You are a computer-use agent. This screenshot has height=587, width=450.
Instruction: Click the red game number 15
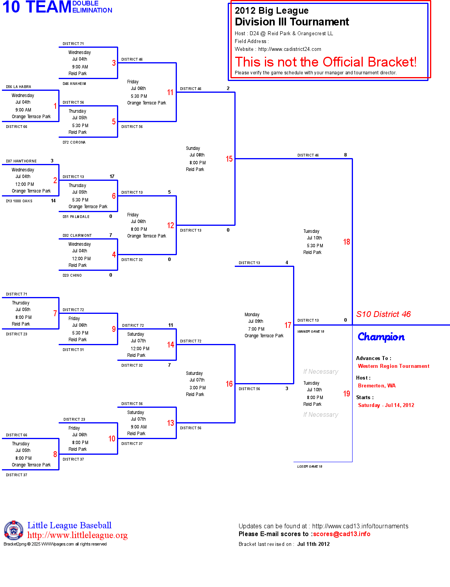229,159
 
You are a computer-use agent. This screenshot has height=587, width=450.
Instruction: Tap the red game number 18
346,242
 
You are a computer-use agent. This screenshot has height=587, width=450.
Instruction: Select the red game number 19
346,394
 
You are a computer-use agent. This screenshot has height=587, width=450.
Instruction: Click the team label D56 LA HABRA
18,87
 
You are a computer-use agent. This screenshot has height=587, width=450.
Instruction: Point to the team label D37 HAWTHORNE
21,161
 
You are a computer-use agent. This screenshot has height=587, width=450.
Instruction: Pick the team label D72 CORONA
74,142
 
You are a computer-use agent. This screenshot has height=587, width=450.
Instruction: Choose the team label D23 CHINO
72,275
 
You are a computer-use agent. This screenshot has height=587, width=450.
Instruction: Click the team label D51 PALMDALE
76,217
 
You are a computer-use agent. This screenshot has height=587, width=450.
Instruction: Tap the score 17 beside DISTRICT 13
112,176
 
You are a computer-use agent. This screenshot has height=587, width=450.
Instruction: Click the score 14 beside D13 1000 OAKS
53,201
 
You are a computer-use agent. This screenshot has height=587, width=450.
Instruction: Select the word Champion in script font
381,337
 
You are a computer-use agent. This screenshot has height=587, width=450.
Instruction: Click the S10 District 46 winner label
383,314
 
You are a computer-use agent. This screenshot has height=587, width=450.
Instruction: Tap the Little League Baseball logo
14,530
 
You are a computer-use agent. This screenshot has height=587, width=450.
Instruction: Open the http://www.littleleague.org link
77,535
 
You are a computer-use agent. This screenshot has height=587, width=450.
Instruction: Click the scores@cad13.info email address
341,534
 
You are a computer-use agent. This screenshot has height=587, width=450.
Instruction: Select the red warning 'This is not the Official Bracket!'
326,62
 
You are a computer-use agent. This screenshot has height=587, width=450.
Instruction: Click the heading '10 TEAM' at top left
37,7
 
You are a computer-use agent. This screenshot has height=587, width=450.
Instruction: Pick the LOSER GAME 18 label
310,466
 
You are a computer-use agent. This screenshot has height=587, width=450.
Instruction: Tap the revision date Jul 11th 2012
313,544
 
